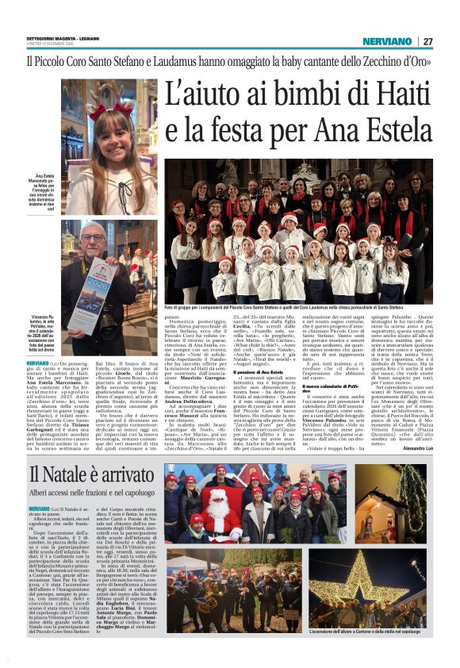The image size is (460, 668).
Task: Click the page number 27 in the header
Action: point(427,41)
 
